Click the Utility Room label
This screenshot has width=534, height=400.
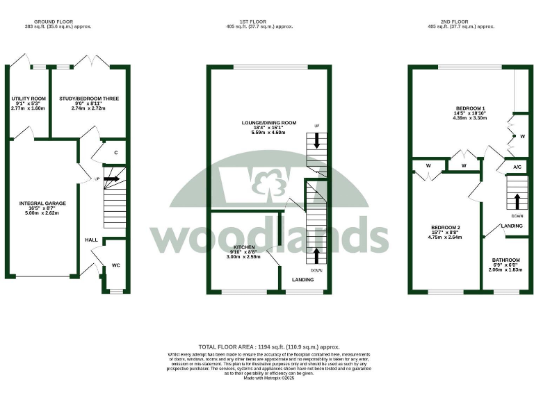click(x=29, y=99)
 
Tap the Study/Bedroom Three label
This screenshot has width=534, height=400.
click(x=89, y=99)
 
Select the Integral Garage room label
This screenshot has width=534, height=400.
click(x=42, y=203)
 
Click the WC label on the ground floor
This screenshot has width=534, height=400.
click(x=116, y=264)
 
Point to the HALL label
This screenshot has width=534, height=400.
click(x=91, y=240)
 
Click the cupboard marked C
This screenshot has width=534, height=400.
click(x=115, y=153)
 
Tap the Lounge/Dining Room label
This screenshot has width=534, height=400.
click(x=268, y=123)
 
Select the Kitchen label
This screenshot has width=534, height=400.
click(x=244, y=247)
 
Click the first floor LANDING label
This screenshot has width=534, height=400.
click(x=302, y=280)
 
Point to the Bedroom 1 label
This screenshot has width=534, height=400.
click(x=470, y=108)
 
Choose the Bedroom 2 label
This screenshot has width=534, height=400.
click(x=446, y=228)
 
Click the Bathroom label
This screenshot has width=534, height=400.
click(x=506, y=260)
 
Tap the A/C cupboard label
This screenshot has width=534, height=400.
click(x=517, y=167)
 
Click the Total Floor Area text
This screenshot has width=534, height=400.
click(x=268, y=347)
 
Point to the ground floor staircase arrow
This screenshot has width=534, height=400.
click(x=112, y=179)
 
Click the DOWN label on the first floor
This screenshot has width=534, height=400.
click(x=317, y=269)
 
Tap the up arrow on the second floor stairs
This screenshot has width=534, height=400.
click(x=517, y=201)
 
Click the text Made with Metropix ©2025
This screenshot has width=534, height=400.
click(x=268, y=378)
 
